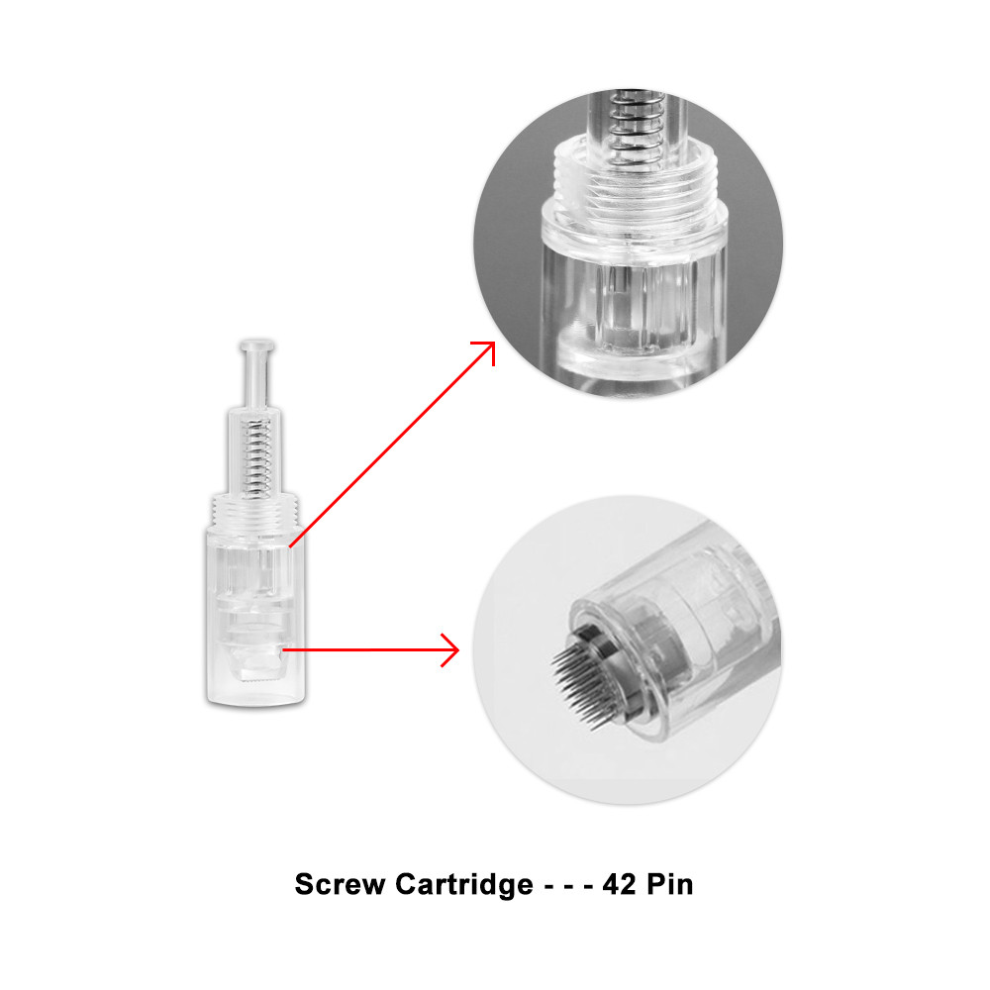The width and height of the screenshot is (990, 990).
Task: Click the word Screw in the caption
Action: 340,884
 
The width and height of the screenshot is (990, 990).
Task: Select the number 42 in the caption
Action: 620,884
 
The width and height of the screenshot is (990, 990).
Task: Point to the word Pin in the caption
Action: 670,884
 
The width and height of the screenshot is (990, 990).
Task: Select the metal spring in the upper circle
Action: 634,129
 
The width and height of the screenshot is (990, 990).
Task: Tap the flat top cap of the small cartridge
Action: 257,346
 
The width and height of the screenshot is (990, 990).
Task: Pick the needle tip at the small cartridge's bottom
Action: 259,678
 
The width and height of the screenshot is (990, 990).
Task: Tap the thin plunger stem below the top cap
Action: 255,379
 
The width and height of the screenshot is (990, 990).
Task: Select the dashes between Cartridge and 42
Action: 568,886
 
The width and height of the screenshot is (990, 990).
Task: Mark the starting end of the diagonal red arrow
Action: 290,546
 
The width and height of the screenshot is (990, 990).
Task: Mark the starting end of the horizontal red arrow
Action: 283,649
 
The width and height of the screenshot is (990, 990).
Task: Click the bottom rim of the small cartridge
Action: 255,700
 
